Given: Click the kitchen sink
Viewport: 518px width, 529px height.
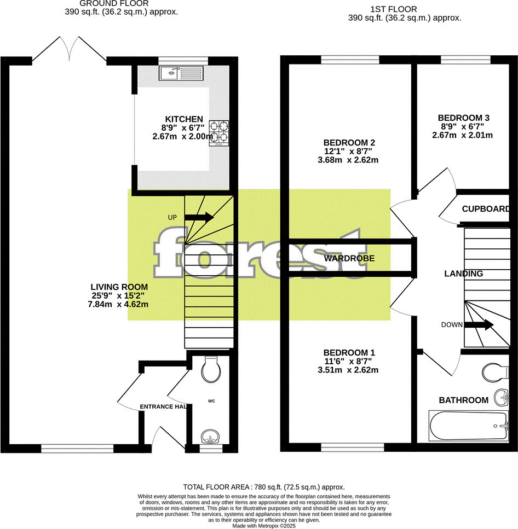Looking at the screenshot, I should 181,73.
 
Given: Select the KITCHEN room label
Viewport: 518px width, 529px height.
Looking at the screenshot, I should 184,119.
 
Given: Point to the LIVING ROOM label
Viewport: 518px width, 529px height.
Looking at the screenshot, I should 119,287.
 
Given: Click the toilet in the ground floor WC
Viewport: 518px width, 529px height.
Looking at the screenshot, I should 210,370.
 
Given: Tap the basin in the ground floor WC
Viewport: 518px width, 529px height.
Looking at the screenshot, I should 210,438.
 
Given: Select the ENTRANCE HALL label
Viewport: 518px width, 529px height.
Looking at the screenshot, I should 163,406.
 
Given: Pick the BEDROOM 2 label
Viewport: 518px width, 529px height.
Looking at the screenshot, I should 349,142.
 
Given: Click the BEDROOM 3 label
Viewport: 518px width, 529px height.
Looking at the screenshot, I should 463,118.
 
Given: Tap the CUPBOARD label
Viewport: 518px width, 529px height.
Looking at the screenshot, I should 486,209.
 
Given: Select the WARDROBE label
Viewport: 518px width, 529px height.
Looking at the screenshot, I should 349,258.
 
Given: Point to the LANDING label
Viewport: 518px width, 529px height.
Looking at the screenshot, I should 463,274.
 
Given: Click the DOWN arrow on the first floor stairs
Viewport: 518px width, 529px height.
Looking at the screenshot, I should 479,325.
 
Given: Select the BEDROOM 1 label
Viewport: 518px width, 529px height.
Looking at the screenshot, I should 349,352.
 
